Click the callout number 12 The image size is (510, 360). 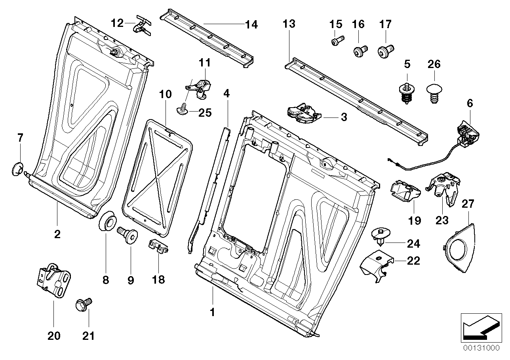pyautogui.click(x=117, y=23)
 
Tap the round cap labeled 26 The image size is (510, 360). pyautogui.click(x=434, y=93)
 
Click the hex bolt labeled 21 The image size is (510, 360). pyautogui.click(x=83, y=305)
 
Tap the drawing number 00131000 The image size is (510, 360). pyautogui.click(x=482, y=348)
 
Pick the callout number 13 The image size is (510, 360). pyautogui.click(x=289, y=24)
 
